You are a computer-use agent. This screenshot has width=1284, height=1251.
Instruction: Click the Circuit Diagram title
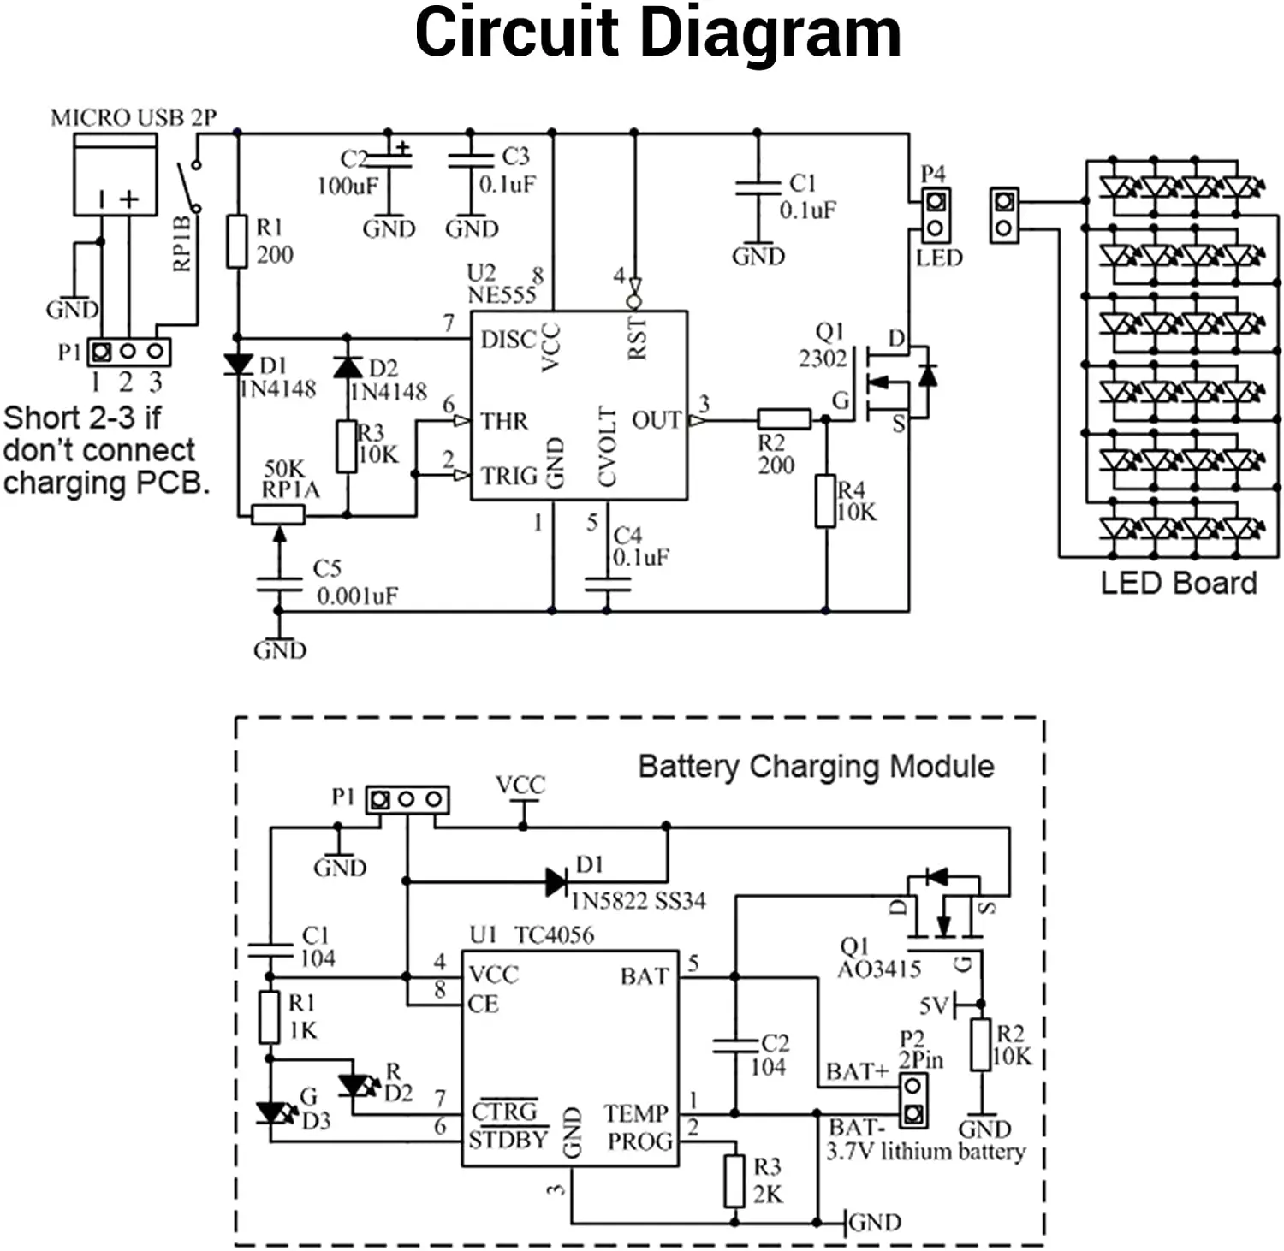657,34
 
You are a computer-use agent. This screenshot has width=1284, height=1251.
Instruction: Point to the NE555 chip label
501,294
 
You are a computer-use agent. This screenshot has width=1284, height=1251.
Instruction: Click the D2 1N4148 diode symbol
347,367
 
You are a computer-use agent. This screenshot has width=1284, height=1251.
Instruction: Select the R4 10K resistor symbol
825,501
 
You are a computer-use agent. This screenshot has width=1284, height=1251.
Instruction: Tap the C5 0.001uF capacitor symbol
278,584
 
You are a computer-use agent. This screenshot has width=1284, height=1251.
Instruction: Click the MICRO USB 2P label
133,117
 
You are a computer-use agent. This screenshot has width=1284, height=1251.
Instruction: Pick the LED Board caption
1178,583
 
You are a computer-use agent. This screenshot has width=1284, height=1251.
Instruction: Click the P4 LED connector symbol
935,215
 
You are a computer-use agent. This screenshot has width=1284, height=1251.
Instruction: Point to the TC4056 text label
554,934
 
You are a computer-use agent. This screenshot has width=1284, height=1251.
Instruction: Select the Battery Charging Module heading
816,766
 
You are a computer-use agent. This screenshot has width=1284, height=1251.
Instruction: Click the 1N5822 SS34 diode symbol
557,881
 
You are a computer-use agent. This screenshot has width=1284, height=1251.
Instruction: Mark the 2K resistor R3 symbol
734,1181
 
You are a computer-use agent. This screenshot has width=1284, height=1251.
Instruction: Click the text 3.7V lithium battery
924,1152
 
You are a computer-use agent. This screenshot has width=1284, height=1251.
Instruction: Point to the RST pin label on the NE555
637,338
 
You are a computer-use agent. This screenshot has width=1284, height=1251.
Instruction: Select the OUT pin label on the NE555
656,420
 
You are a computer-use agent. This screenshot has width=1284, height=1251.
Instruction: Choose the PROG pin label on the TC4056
639,1141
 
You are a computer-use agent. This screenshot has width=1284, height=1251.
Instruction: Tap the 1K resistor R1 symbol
270,1017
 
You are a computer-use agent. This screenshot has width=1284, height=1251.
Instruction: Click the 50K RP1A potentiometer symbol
278,514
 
